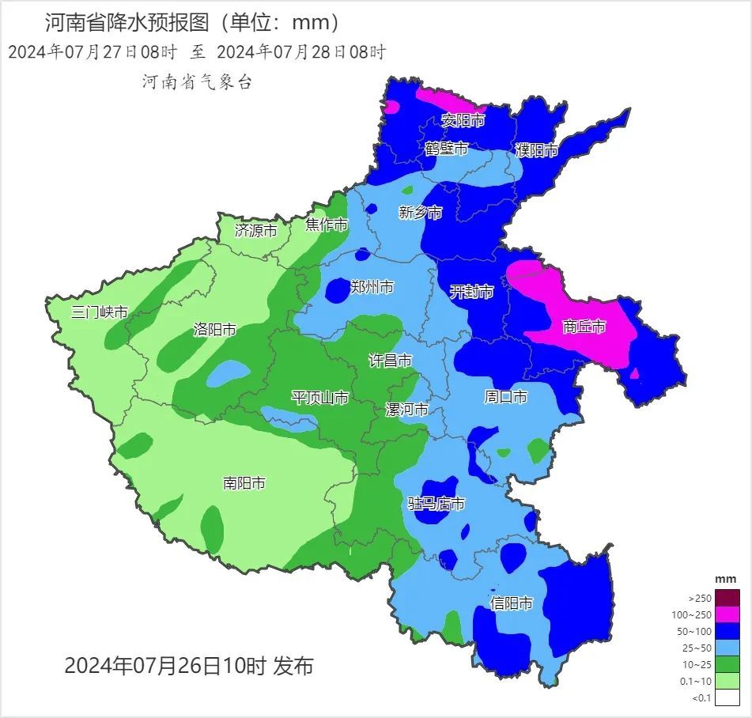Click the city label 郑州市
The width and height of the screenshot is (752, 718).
click(371, 287)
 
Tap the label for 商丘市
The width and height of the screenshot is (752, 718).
click(584, 326)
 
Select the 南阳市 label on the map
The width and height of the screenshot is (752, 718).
click(244, 482)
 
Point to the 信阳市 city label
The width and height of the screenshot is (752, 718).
click(511, 603)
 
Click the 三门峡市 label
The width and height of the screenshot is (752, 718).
click(99, 312)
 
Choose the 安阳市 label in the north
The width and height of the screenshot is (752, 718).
click(463, 120)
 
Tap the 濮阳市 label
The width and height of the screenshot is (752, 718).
click(537, 150)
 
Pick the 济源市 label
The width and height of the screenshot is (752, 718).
click(256, 231)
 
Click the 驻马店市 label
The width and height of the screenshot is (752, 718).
click(436, 504)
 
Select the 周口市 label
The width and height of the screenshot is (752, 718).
click(505, 397)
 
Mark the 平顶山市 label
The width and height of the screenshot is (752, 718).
click(319, 397)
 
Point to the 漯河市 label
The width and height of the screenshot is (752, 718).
click(406, 410)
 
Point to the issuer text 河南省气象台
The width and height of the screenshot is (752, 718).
click(197, 81)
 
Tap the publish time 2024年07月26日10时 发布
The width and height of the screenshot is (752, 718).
click(188, 666)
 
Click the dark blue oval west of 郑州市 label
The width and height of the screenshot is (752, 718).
click(337, 291)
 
